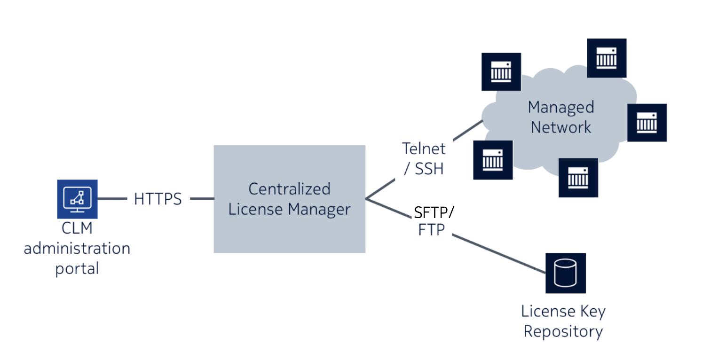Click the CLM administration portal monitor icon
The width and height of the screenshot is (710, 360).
click(x=77, y=199)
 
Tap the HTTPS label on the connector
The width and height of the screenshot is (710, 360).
click(x=158, y=199)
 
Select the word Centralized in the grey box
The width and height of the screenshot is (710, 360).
click(x=289, y=189)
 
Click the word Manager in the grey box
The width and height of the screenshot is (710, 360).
click(x=319, y=209)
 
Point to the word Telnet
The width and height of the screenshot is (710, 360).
click(x=424, y=149)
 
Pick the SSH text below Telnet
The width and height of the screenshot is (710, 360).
click(x=429, y=169)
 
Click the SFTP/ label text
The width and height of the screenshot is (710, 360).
click(x=434, y=212)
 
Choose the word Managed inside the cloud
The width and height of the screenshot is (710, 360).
click(x=560, y=107)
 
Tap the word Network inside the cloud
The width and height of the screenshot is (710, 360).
click(x=560, y=127)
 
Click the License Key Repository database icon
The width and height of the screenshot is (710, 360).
click(x=565, y=273)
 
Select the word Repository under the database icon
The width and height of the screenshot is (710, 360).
click(x=563, y=331)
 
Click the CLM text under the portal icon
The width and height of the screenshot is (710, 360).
click(x=77, y=228)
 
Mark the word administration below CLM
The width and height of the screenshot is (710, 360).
click(x=77, y=248)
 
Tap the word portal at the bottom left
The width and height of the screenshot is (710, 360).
click(x=77, y=269)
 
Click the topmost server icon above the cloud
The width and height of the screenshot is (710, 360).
click(x=607, y=58)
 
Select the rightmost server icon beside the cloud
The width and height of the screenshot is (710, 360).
click(x=647, y=122)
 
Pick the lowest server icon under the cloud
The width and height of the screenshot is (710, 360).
click(x=578, y=178)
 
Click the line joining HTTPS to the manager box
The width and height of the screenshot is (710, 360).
click(x=202, y=199)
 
